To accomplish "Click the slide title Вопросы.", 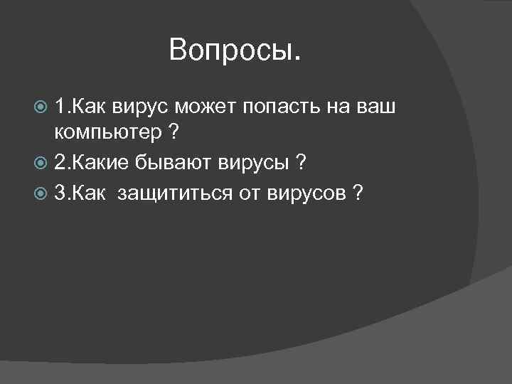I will [235, 50].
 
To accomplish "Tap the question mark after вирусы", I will [302, 163].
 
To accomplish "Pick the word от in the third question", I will [250, 191].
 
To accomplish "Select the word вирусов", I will [306, 192].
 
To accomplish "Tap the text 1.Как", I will [79, 108].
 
